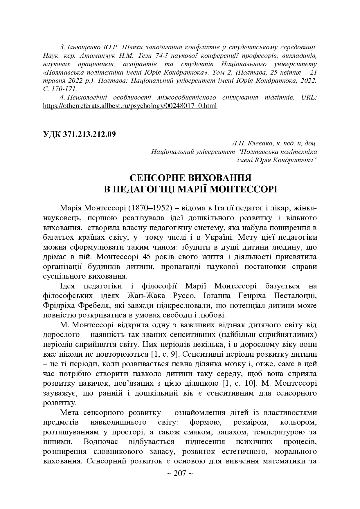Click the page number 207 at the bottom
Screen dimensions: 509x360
[x=180, y=474]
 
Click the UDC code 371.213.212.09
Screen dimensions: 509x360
[x=89, y=134]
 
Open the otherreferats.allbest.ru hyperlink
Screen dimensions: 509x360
[x=130, y=106]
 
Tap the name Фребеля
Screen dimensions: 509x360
[x=95, y=306]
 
